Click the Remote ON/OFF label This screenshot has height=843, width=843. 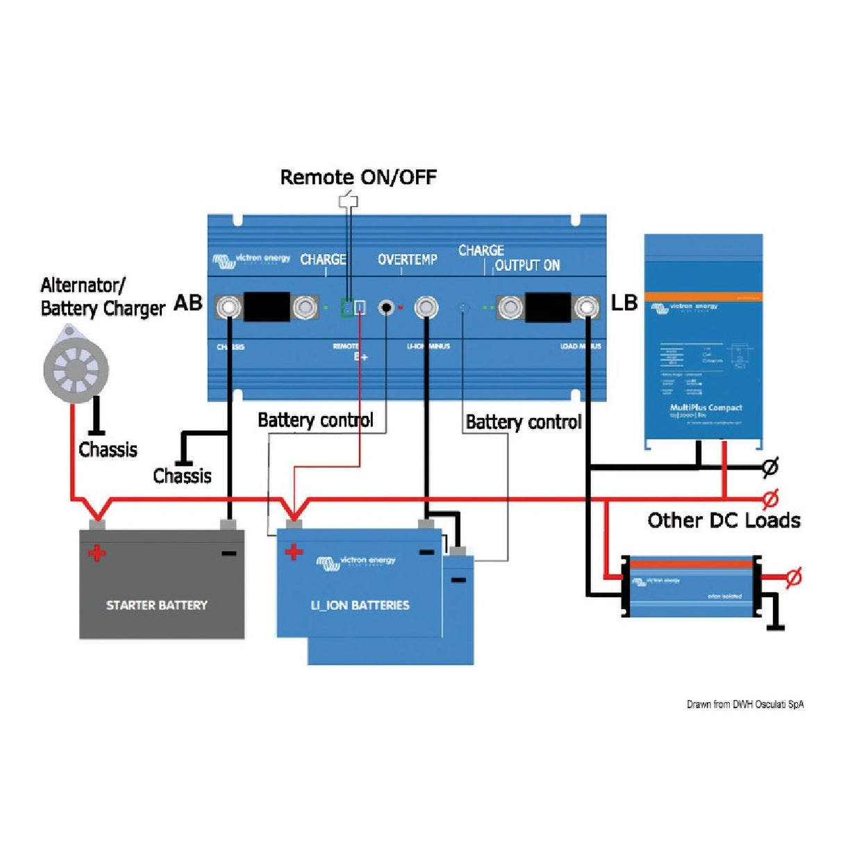coord(358,178)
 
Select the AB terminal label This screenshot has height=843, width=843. coord(188,303)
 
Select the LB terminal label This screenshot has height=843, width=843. coord(624,303)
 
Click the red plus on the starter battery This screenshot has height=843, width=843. coord(97,553)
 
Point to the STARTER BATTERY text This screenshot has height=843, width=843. coord(157,606)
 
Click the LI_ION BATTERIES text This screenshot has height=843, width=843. coord(360,606)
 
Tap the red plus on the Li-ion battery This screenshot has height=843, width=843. coord(294,552)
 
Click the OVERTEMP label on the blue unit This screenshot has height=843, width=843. coord(408,260)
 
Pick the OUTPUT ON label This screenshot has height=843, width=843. coord(527,265)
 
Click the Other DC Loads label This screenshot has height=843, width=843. coord(724,521)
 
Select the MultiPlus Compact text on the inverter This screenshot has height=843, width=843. coord(706,408)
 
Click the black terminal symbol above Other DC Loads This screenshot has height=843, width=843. coord(769,467)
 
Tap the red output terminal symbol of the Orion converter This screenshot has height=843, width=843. coord(794,577)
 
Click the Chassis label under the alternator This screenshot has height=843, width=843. coord(108,450)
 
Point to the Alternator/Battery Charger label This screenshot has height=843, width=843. coord(102,297)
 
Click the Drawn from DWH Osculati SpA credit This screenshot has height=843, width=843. coord(745,704)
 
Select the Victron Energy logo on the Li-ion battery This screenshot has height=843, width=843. coord(356,562)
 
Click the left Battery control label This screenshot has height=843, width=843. coord(315,420)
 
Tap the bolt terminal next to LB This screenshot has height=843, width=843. coord(587,307)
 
